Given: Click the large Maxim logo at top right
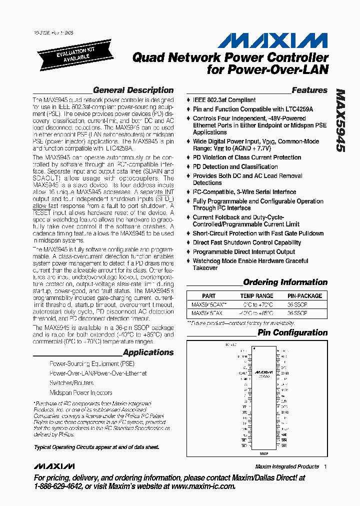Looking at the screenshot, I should tap(272, 40).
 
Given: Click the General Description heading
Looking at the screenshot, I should tap(133, 90).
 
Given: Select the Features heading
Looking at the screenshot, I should tap(309, 90).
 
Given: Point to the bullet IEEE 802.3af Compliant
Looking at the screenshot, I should tap(224, 100).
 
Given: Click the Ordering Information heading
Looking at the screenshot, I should tap(285, 282).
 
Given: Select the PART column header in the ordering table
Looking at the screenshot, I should tap(209, 296).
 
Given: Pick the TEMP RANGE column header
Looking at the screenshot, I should tap(257, 296).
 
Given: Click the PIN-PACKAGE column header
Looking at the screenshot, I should tap(305, 296).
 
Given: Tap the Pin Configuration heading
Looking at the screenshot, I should tap(292, 332).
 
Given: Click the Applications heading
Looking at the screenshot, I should tap(148, 352).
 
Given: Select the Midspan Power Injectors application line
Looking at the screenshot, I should tap(81, 393).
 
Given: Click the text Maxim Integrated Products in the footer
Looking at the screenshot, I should tap(286, 466).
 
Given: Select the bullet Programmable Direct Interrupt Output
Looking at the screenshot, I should tap(244, 252).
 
